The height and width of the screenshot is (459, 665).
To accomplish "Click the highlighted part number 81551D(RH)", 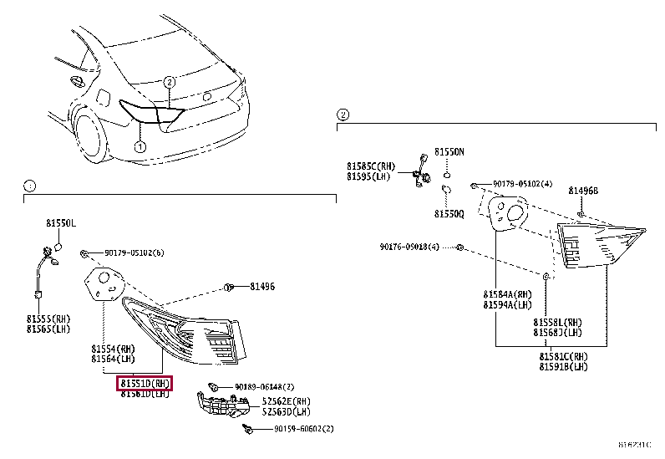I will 145,383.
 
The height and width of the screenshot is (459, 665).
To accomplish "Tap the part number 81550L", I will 60,224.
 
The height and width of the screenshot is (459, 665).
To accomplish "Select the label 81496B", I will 583,191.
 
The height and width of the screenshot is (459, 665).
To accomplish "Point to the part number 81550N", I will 449,152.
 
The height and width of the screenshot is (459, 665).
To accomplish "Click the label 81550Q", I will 449,214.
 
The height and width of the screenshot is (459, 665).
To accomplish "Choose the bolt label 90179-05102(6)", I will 134,252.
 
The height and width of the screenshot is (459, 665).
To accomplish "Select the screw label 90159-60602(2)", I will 303,429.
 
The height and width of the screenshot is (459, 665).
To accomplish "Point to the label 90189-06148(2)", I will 264,386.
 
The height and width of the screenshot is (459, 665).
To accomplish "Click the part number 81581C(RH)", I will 563,356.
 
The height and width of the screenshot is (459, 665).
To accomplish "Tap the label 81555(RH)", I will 50,319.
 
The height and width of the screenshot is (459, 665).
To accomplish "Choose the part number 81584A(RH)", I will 506,294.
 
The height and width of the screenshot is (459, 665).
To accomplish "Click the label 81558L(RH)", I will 559,322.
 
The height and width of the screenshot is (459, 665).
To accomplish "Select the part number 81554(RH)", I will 113,348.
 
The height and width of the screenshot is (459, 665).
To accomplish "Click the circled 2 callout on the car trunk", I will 169,82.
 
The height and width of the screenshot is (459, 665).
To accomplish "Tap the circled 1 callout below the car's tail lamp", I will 140,147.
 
